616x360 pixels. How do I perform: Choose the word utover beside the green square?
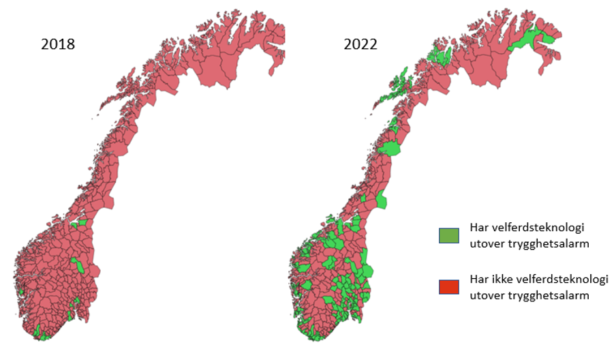pos(486,241)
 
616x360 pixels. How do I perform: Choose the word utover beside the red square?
pos(486,295)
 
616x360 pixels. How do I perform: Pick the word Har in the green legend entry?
pos(479,228)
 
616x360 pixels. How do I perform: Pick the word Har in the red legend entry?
pos(479,280)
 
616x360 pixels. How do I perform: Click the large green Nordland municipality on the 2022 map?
pos(390,149)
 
